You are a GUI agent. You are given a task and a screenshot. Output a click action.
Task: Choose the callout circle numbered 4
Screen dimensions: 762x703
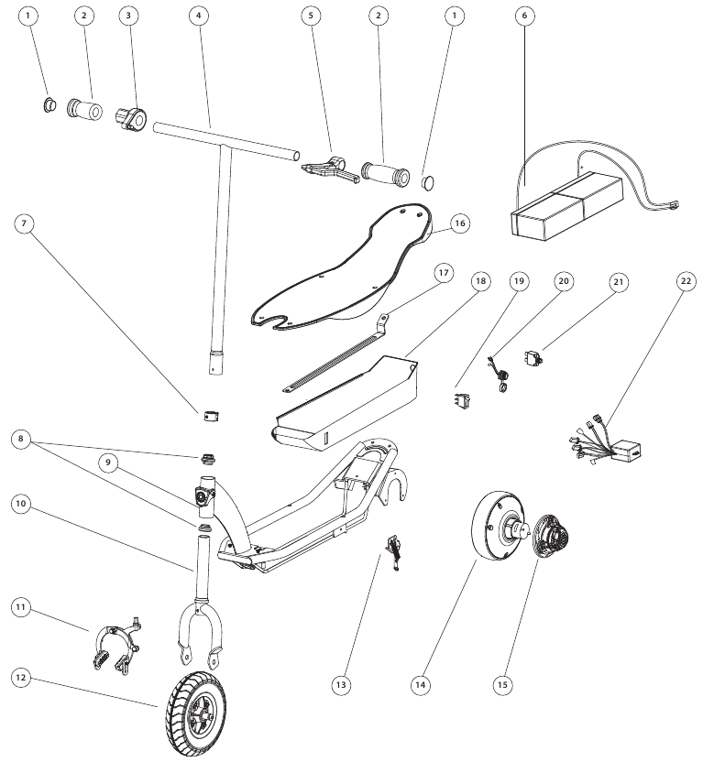(x=199, y=16)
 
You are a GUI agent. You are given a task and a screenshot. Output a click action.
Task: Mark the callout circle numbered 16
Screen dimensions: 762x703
(x=459, y=223)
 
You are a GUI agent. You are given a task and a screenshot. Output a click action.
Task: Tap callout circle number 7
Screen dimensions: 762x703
(x=24, y=223)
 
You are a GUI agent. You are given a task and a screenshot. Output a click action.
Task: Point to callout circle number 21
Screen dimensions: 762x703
(x=619, y=282)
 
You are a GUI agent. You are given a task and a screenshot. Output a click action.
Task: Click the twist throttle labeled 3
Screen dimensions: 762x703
(x=130, y=120)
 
